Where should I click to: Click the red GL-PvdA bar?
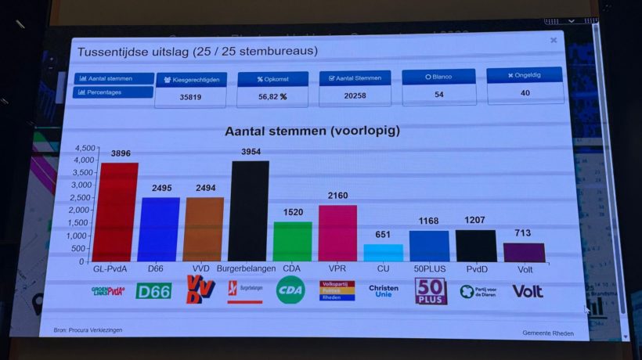point(116,212)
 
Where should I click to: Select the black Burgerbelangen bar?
point(249,211)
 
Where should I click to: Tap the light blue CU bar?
point(384,253)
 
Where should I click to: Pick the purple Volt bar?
point(524,252)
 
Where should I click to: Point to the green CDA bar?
point(293,241)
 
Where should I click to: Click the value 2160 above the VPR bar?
point(337,195)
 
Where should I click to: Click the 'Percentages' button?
point(114,92)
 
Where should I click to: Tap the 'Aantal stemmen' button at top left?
point(114,78)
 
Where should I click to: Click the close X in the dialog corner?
point(554,40)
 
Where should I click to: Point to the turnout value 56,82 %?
point(272,97)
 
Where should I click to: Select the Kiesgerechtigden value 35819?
point(191,97)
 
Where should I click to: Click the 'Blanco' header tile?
point(438,77)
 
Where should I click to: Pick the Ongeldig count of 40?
point(525,93)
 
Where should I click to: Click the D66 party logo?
point(153,291)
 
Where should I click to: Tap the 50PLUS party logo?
point(430,291)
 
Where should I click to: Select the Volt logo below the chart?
point(528,291)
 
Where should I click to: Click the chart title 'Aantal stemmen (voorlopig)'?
point(312,131)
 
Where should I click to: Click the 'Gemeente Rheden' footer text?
point(548,333)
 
